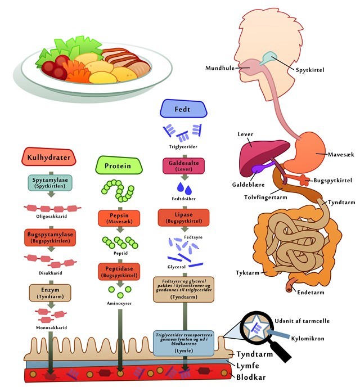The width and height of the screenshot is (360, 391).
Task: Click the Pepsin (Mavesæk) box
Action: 119,218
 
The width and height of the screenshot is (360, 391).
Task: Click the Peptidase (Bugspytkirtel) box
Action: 119,272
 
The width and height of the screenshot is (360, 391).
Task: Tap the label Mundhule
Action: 220,68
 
